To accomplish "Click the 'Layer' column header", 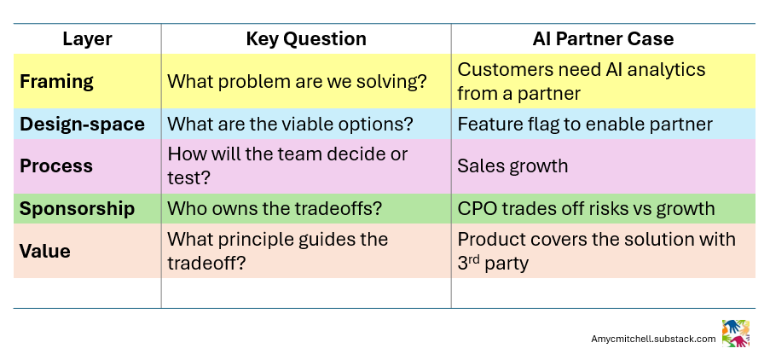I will (x=87, y=39).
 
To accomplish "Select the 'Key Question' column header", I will (x=306, y=39).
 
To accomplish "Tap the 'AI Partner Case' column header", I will (x=602, y=39).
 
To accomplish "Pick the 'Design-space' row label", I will (x=82, y=124).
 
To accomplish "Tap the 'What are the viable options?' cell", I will (x=290, y=124).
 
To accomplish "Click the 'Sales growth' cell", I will (x=512, y=165).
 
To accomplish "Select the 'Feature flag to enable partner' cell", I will (x=585, y=124).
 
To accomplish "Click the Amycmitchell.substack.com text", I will (x=653, y=339).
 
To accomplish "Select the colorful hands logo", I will (x=735, y=334).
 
